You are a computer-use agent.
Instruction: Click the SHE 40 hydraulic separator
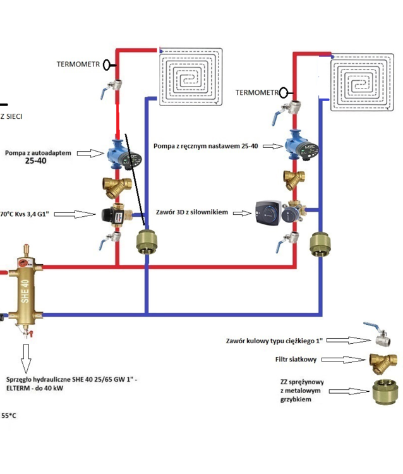click(x=24, y=288)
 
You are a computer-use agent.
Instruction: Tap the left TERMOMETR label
click(x=78, y=64)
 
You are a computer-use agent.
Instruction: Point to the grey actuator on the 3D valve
click(x=268, y=213)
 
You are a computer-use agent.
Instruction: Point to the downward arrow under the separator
click(x=26, y=358)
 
